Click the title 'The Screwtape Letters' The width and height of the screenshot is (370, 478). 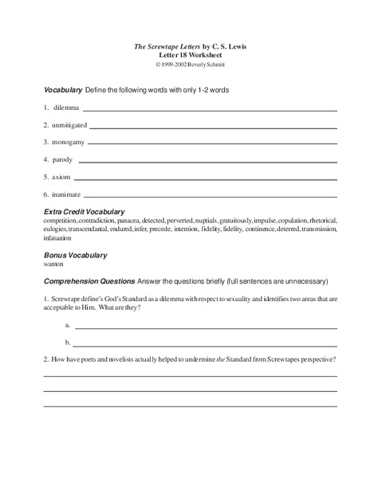[163, 47]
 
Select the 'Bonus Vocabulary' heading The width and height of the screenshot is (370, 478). [76, 255]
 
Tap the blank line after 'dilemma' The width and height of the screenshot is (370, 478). [210, 109]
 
